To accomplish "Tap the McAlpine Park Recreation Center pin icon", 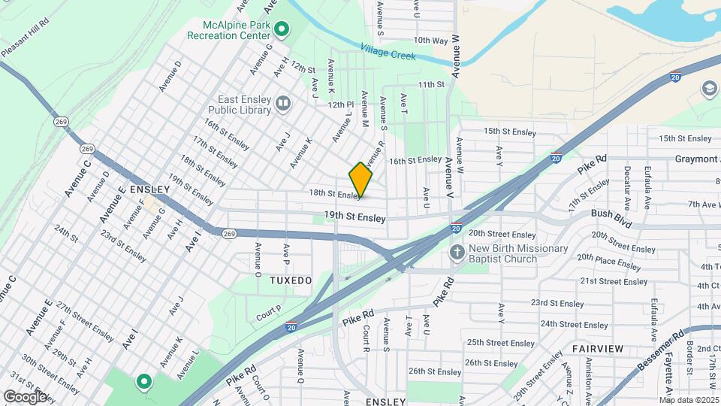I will coord(282,30).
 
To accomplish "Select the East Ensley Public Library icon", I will coord(283,103).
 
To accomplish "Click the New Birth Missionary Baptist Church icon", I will coord(457,253).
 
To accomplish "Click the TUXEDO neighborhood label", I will coord(291,280).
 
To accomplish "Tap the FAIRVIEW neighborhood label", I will coord(598,349).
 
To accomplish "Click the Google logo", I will coord(25,396).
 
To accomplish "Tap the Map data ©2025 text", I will coord(689,400).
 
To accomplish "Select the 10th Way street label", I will coord(430,41).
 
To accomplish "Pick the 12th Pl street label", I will coord(340,105).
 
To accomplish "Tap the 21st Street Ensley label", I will coord(614,281).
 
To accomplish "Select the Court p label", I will coord(268,311).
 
